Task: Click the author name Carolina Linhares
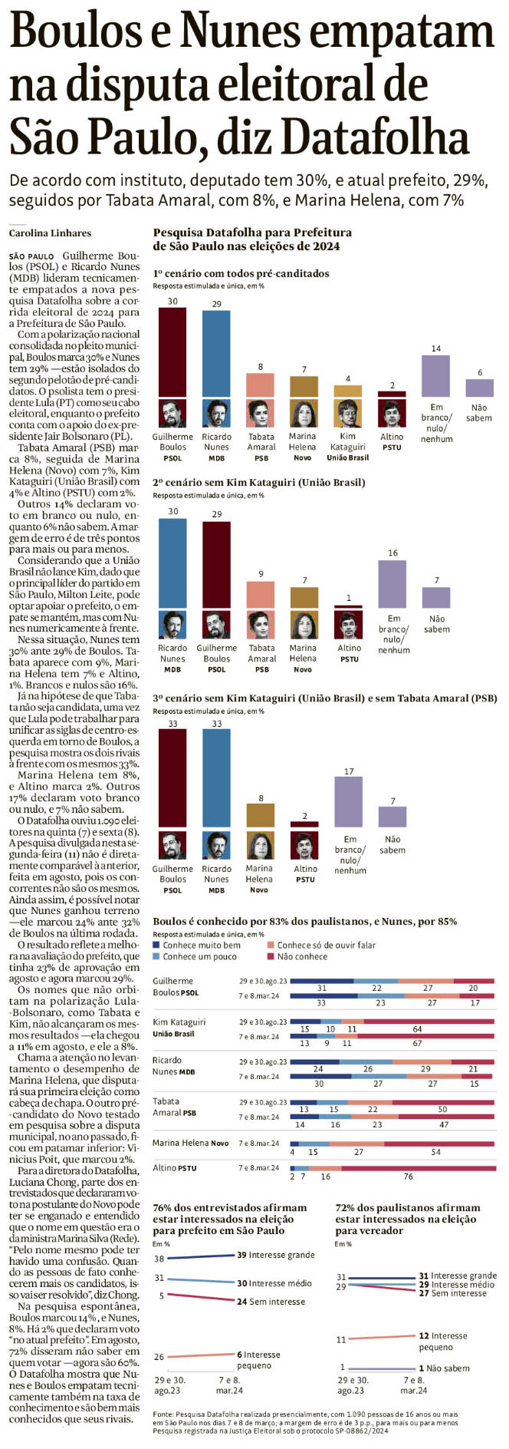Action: point(50,233)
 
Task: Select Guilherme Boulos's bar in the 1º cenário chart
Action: point(172,353)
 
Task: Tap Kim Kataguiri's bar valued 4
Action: point(348,391)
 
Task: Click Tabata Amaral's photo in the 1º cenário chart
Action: point(261,414)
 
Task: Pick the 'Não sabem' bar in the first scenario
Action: point(479,388)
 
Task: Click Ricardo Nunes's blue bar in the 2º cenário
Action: point(172,564)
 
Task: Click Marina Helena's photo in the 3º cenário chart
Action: point(260,844)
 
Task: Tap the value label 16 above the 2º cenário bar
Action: point(392,553)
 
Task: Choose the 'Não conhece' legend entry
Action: point(302,956)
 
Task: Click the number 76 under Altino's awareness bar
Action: point(408,1177)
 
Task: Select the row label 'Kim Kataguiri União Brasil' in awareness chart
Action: point(179,1028)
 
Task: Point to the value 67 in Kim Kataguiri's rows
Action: point(417,1043)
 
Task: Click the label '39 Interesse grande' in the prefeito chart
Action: point(276,1255)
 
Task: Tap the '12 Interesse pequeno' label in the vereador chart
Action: point(446,1341)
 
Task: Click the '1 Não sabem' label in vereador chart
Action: point(445,1368)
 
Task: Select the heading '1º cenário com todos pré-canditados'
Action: point(241,273)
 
